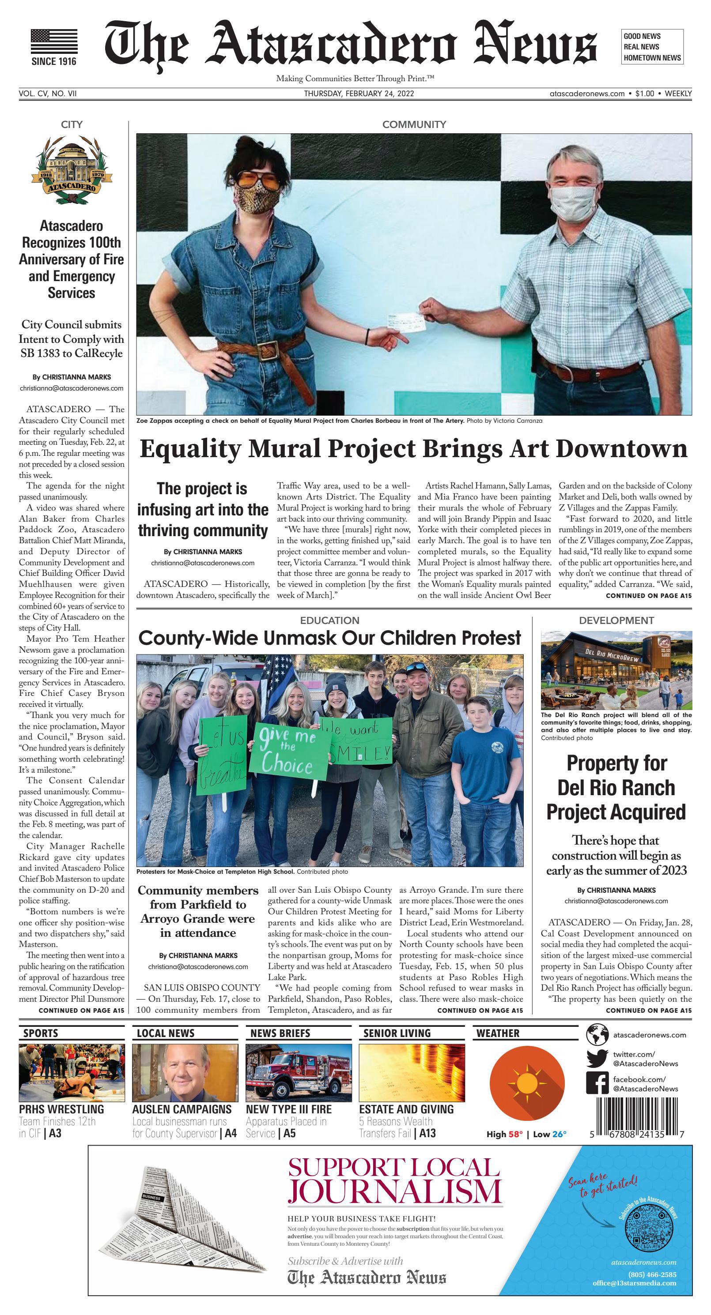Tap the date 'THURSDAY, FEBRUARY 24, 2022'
359,94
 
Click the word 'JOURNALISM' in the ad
394,1189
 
